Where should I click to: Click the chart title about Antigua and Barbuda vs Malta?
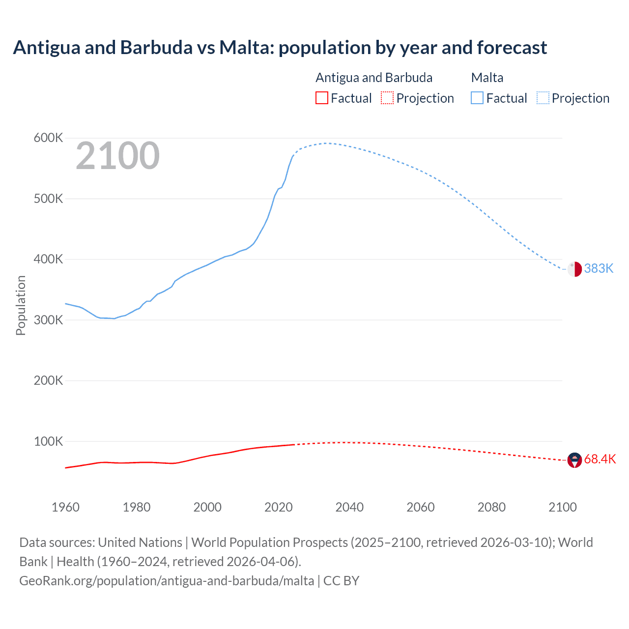[280, 48]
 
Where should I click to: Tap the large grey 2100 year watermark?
[117, 156]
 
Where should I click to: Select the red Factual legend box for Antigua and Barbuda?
[321, 98]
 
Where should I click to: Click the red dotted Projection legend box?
[387, 98]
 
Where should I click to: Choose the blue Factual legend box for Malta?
[477, 98]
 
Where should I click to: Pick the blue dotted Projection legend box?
[543, 98]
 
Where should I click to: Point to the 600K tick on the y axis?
[48, 138]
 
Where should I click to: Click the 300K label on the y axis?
[48, 320]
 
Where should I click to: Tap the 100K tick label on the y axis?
[48, 441]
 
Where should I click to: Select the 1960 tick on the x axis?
[65, 507]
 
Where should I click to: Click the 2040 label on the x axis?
[349, 507]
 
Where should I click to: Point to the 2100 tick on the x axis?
[562, 507]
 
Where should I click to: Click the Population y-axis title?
[21, 305]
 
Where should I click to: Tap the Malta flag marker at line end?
[574, 269]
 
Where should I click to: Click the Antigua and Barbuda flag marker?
[574, 460]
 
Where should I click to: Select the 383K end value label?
[599, 268]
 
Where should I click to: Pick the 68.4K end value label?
[600, 459]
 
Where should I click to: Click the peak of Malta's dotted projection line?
[326, 143]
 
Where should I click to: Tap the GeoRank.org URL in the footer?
[167, 581]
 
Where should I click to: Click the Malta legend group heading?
[487, 78]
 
